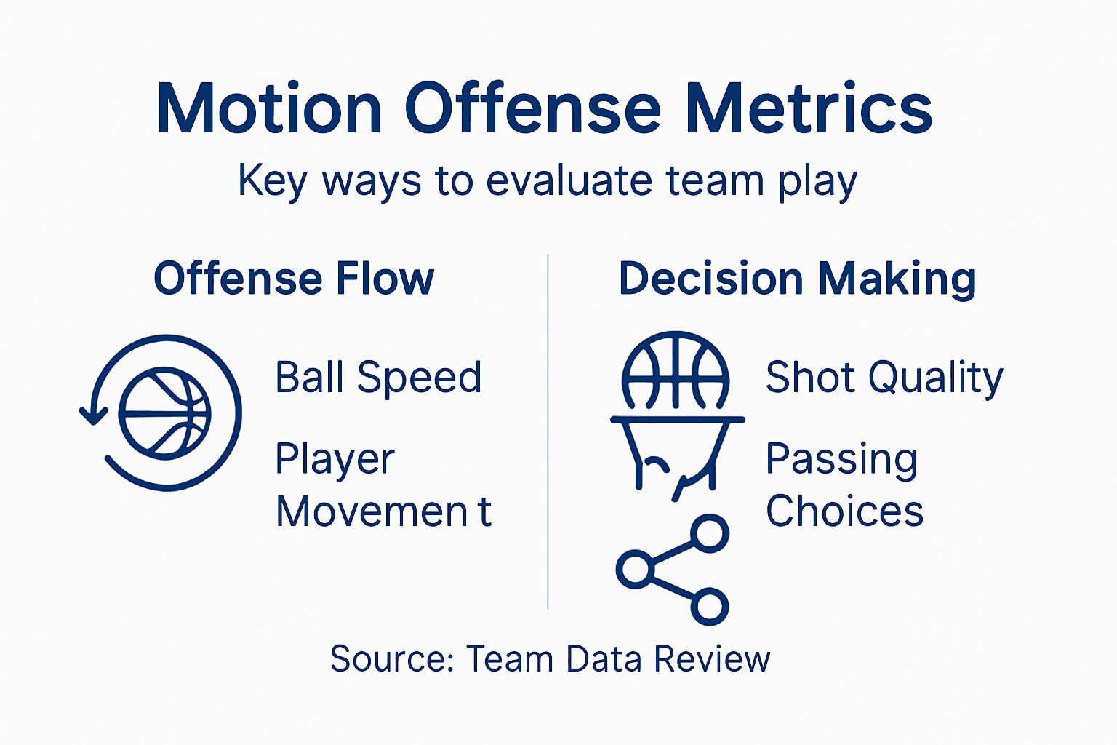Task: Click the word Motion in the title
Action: point(269,109)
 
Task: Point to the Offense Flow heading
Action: point(294,279)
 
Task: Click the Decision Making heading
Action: point(797,279)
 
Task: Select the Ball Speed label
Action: point(378,378)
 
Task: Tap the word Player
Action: point(335,460)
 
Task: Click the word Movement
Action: point(383,511)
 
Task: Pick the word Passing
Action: point(841,460)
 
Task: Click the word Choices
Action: point(844,511)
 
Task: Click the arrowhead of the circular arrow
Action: point(93,416)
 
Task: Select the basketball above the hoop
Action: point(676,371)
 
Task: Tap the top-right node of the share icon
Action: point(709,534)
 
